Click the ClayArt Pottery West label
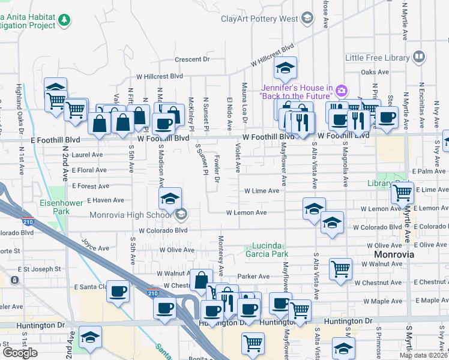pyautogui.click(x=259, y=19)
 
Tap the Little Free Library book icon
pyautogui.click(x=419, y=58)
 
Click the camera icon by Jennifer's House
pyautogui.click(x=342, y=91)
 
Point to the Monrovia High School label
pyautogui.click(x=130, y=215)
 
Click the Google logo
pyautogui.click(x=20, y=353)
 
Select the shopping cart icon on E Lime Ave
pyautogui.click(x=402, y=193)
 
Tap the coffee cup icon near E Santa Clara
pyautogui.click(x=118, y=292)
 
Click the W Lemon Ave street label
pyautogui.click(x=246, y=212)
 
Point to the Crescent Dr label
pyautogui.click(x=192, y=59)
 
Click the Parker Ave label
pyautogui.click(x=253, y=277)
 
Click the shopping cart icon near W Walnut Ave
pyautogui.click(x=341, y=269)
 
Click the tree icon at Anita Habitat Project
pyautogui.click(x=64, y=20)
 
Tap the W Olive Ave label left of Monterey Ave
pyautogui.click(x=176, y=249)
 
